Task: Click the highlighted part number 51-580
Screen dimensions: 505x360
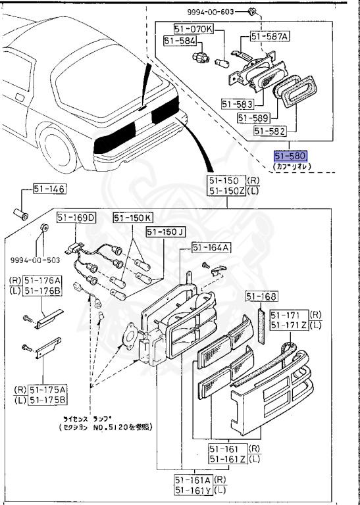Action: point(290,156)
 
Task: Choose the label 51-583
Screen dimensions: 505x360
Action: point(236,104)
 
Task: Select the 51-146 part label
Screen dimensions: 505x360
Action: point(50,190)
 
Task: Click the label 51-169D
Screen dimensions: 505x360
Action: point(76,218)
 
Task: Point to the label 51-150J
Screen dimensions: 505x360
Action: point(166,231)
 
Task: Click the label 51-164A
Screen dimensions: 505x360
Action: point(211,247)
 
